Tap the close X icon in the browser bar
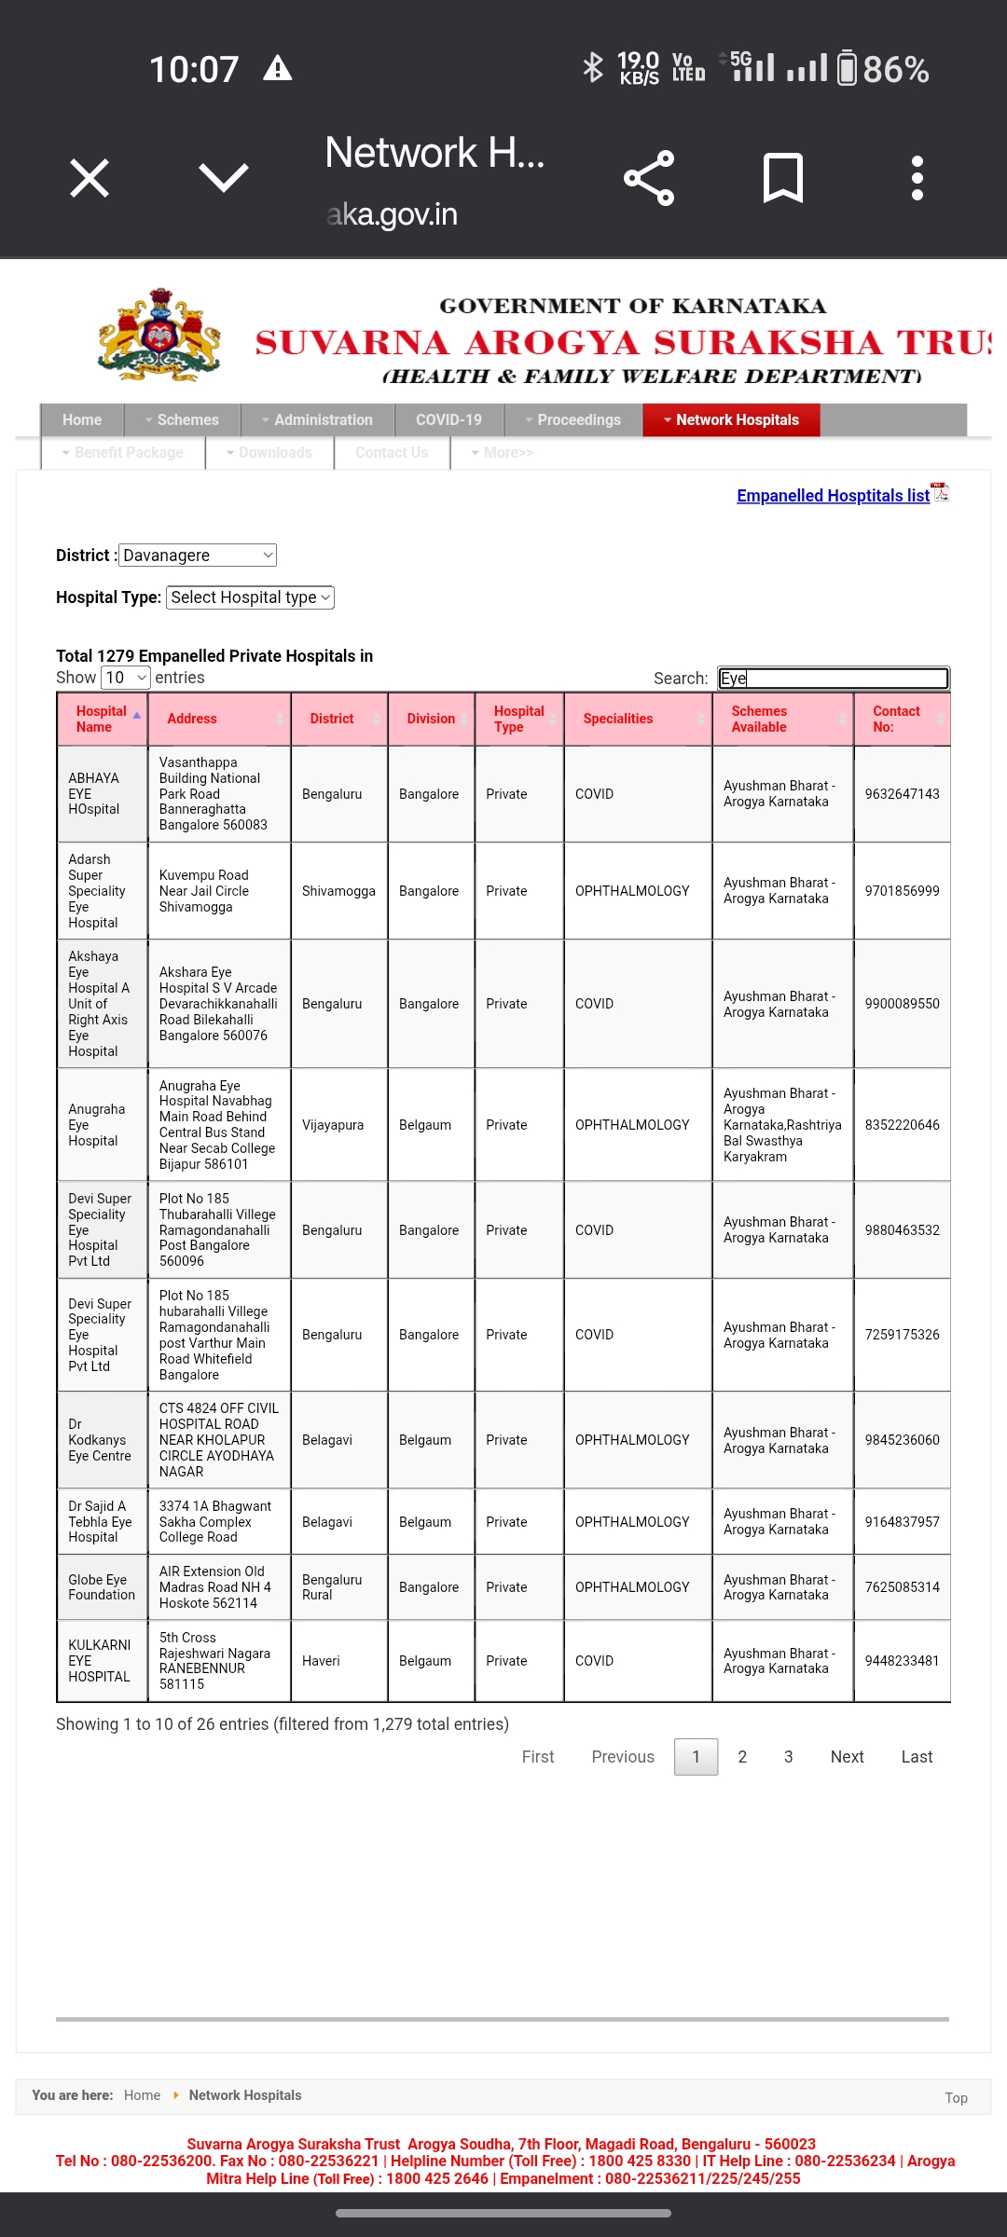click(90, 178)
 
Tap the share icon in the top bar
click(649, 178)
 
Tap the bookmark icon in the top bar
click(782, 178)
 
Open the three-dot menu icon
click(917, 178)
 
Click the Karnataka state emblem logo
click(159, 336)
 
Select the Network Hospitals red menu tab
click(731, 420)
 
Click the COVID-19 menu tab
click(448, 420)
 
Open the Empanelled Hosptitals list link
click(833, 496)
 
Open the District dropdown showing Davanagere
click(198, 556)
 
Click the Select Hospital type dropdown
click(250, 597)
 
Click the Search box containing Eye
click(833, 679)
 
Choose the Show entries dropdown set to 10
click(126, 678)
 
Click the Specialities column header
click(618, 719)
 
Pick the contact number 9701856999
click(902, 891)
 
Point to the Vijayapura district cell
click(333, 1125)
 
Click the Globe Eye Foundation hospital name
click(101, 1587)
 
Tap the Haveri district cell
click(321, 1661)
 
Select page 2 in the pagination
click(742, 1757)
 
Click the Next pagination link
click(847, 1757)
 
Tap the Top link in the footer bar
click(956, 2098)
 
